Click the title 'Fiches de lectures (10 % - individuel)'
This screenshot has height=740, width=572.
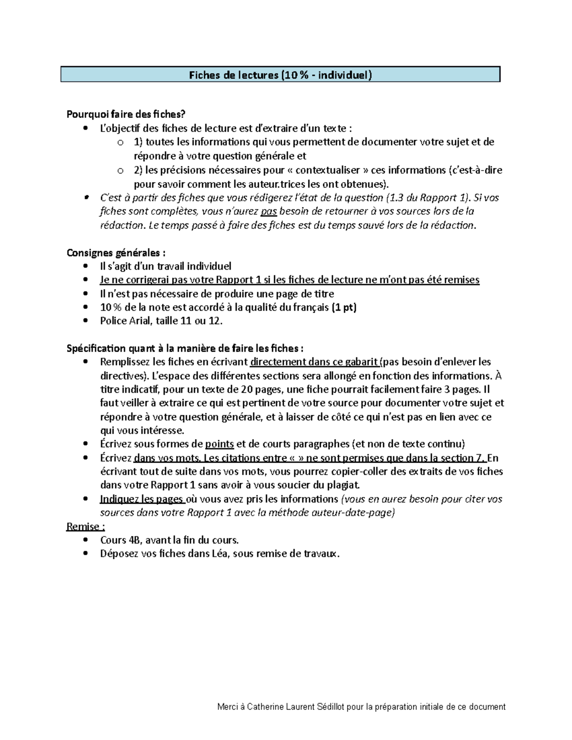pos(280,75)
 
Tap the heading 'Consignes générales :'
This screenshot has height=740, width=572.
pos(116,253)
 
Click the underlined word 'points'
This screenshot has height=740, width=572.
pos(219,444)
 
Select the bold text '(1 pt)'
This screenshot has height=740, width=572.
pos(344,307)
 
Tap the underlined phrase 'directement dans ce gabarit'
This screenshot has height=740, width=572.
pos(315,362)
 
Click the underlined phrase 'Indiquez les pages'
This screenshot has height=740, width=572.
pos(142,499)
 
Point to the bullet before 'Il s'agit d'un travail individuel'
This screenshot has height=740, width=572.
pos(85,266)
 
